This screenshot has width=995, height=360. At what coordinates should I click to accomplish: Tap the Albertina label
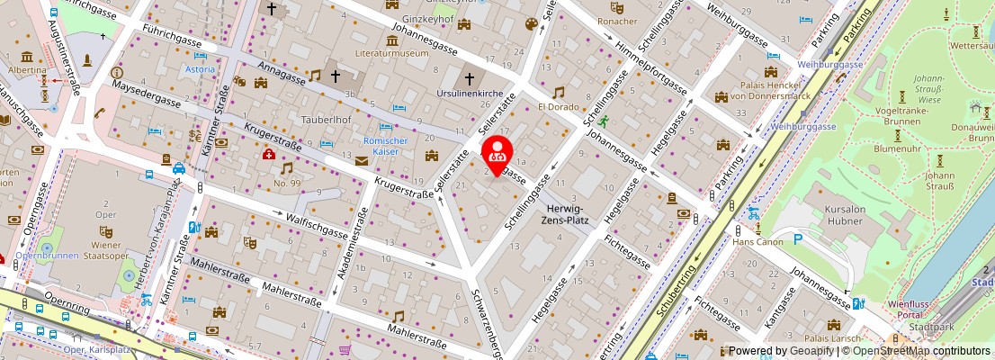(x=26, y=69)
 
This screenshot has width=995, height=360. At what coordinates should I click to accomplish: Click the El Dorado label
(x=559, y=106)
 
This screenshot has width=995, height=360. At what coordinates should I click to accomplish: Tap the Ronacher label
(x=617, y=21)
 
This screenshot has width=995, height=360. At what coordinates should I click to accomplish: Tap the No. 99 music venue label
(x=286, y=183)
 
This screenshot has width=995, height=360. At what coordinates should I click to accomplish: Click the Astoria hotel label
(x=200, y=69)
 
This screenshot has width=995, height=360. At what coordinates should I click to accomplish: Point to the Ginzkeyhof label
(x=426, y=17)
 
